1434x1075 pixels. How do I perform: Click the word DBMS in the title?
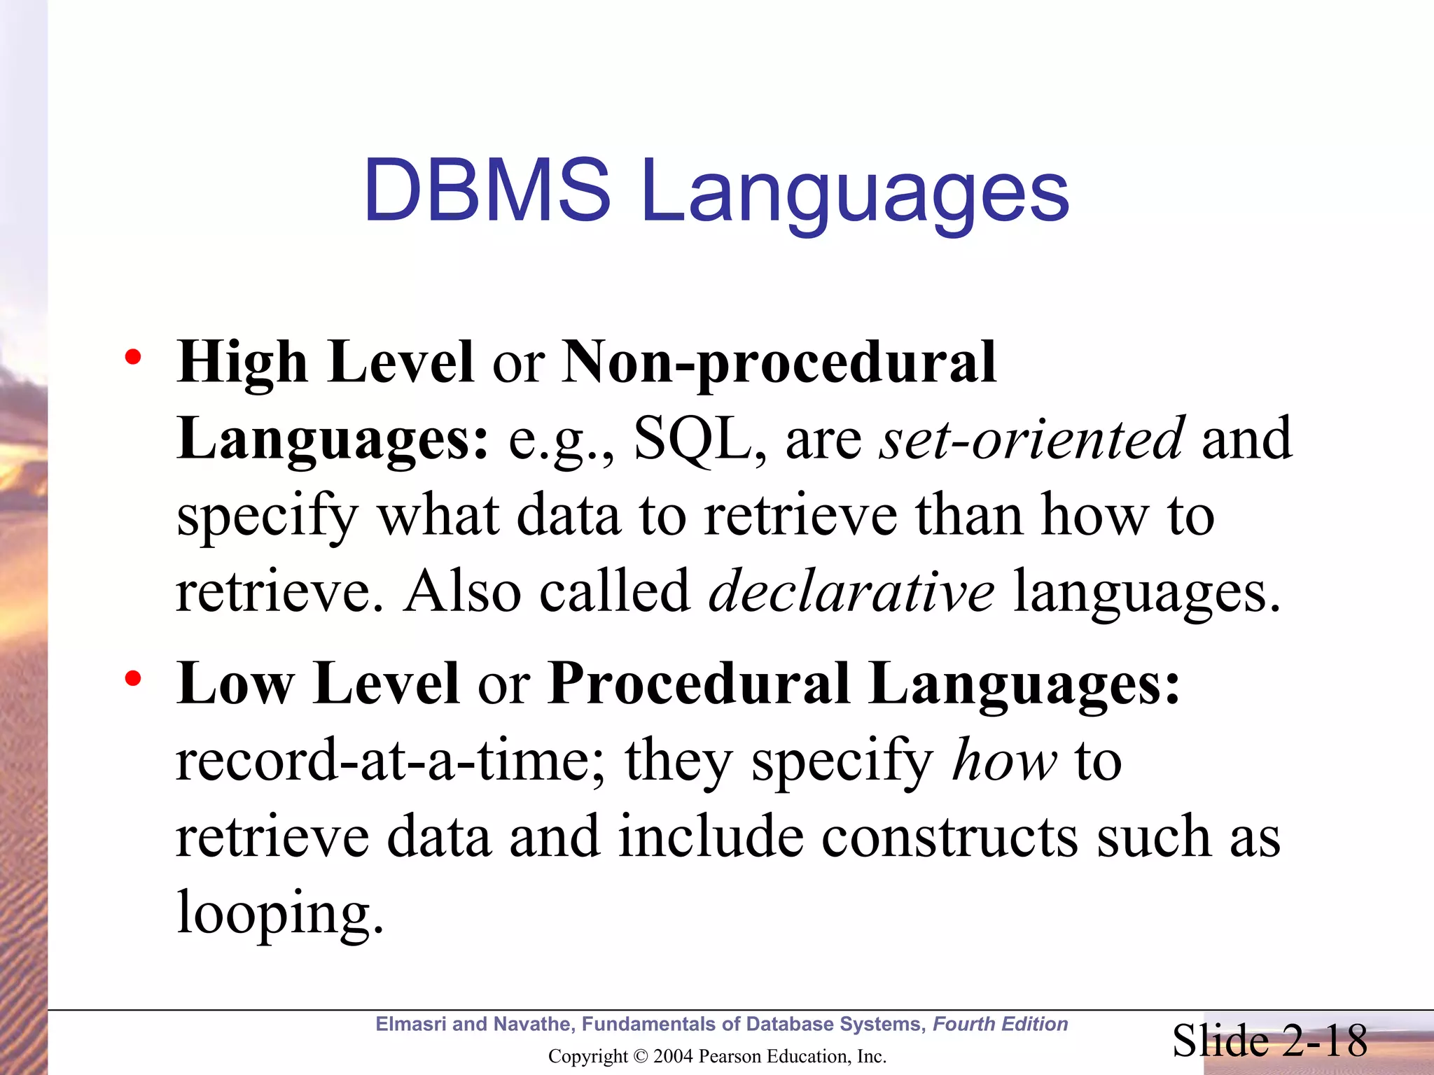(487, 190)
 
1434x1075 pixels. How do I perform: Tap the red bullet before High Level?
(132, 358)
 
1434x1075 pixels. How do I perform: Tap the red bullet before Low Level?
(132, 678)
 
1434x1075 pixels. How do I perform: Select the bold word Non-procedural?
(779, 363)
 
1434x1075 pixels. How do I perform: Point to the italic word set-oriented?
(1032, 440)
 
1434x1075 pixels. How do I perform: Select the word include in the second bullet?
(711, 837)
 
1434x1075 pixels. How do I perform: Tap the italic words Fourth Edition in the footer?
(1000, 1024)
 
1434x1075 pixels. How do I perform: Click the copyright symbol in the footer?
(640, 1056)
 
